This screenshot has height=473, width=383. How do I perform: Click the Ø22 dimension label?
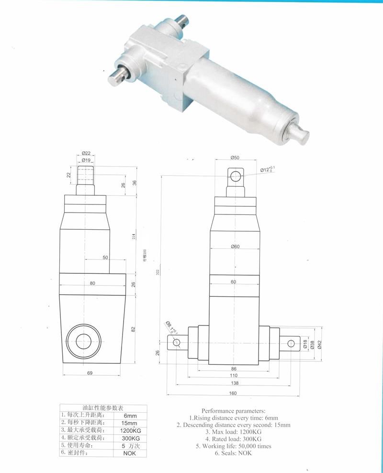86,153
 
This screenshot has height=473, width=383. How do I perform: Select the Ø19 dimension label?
86,160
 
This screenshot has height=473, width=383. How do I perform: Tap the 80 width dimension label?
92,283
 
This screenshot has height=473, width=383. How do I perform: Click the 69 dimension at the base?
90,372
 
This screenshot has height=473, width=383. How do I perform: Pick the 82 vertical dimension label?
134,329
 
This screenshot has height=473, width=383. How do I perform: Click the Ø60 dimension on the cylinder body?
235,247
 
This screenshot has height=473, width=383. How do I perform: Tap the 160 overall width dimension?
233,394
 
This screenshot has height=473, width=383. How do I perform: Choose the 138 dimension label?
233,383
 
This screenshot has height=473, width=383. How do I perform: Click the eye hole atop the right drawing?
235,177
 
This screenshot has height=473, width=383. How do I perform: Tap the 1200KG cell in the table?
129,430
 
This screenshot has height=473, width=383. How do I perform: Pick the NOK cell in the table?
129,453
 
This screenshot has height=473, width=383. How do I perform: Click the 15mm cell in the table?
129,423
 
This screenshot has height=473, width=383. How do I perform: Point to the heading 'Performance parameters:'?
233,411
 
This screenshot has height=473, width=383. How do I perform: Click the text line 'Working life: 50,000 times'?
233,446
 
